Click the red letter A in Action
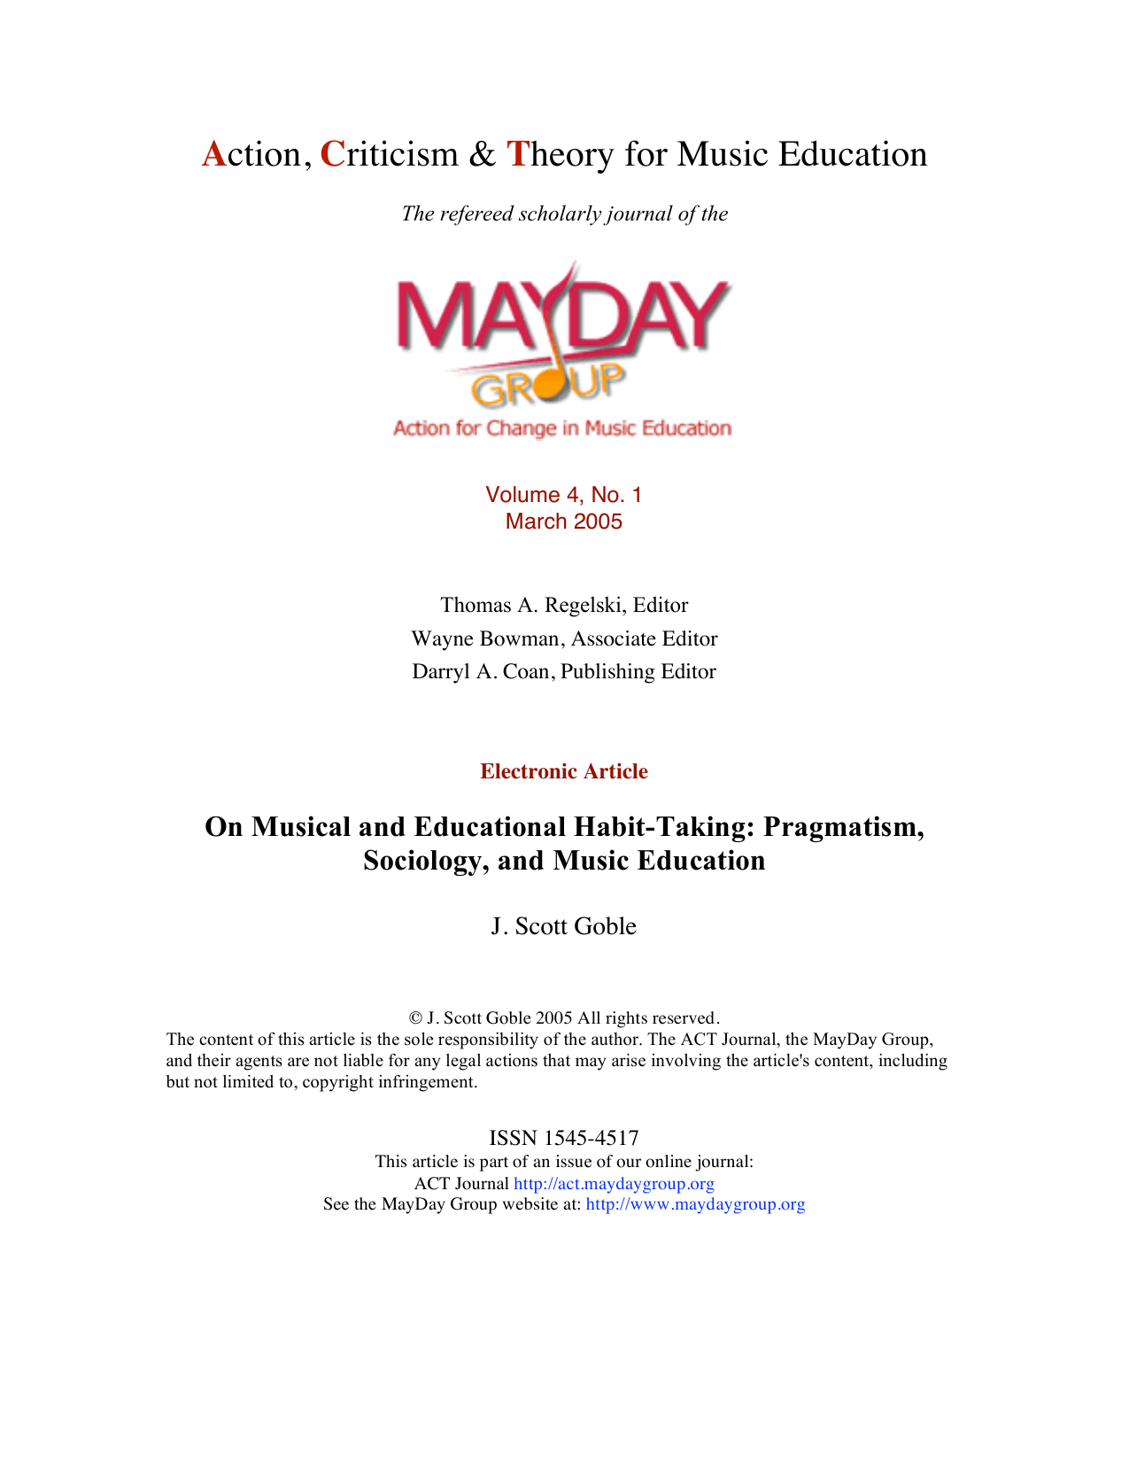[x=213, y=154]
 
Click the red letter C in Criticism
[x=331, y=154]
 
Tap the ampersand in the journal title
[x=482, y=154]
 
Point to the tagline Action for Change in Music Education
[x=562, y=429]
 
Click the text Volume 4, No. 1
[x=563, y=495]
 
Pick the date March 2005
[x=563, y=522]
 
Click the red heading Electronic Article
[x=564, y=771]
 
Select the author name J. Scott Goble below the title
[x=564, y=926]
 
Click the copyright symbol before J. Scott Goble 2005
[x=415, y=1018]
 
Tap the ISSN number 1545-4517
[x=591, y=1138]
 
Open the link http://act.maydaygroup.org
[x=614, y=1183]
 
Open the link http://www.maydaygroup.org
[x=695, y=1204]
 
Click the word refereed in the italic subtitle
[x=479, y=213]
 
